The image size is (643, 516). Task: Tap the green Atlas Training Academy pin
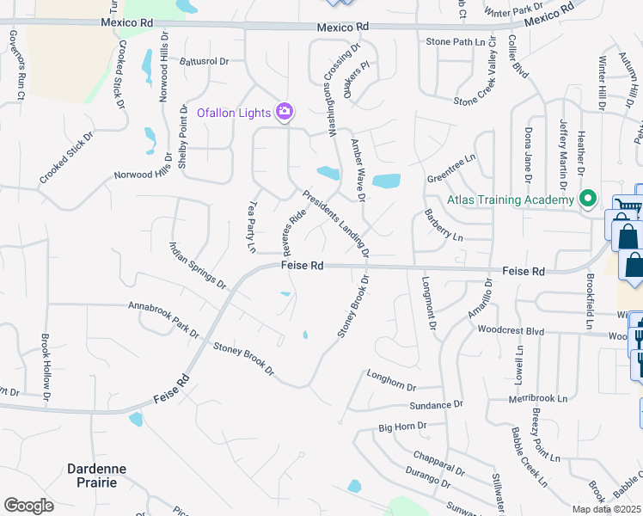(x=589, y=200)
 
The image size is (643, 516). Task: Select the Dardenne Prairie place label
(x=97, y=475)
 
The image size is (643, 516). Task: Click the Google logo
(x=28, y=506)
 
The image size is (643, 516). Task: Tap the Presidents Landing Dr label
(x=335, y=224)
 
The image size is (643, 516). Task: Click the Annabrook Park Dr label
(x=163, y=319)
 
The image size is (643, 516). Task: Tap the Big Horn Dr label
(x=402, y=426)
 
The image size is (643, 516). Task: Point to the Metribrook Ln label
(x=538, y=399)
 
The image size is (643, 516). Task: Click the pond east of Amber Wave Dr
(x=387, y=181)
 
